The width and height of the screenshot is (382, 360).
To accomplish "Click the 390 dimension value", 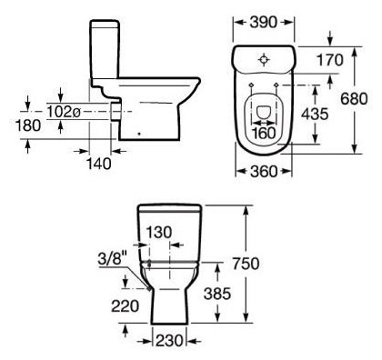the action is [x=264, y=22].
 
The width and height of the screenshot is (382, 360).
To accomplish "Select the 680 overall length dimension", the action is [x=354, y=99].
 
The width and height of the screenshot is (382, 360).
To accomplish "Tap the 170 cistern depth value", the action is [x=330, y=60].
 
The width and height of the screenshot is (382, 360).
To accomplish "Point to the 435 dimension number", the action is [x=315, y=114].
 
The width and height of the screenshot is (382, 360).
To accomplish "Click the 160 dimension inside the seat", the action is [x=264, y=133].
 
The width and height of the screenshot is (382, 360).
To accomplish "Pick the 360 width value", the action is [x=264, y=172].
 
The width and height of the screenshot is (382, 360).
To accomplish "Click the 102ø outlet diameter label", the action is [x=64, y=113].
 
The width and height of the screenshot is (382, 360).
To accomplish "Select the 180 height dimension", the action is [x=28, y=125].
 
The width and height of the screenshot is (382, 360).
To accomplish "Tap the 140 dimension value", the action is [x=99, y=165].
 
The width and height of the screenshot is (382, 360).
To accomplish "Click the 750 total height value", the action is [x=246, y=264].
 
